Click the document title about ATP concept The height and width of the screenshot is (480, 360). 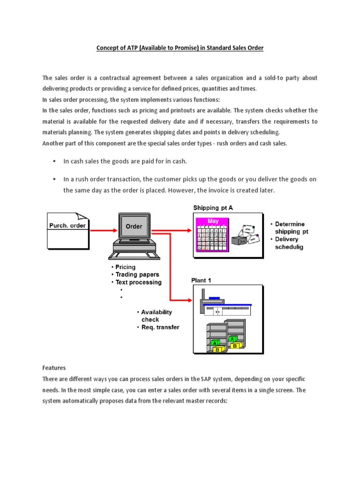pos(180,48)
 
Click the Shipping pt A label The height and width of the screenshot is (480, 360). pos(213,208)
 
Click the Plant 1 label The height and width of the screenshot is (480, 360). pos(201,280)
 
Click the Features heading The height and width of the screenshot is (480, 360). pos(54,368)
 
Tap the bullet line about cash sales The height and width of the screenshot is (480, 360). pos(125,161)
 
